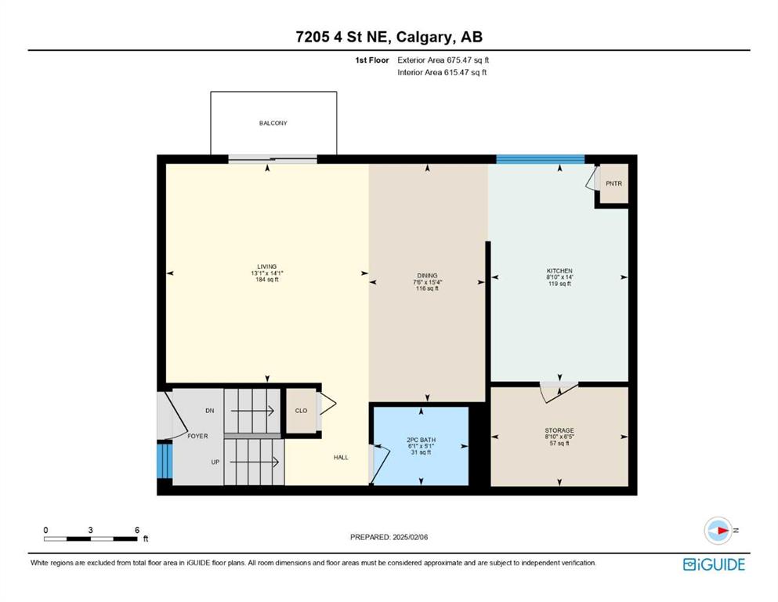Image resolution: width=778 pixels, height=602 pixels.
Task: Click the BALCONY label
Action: [x=273, y=123]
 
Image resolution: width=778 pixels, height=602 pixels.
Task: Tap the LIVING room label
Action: [x=267, y=267]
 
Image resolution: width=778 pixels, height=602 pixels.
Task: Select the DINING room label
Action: [x=427, y=275]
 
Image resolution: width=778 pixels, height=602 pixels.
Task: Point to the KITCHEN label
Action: [x=559, y=271]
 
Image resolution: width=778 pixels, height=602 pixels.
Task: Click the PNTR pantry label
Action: [x=613, y=183]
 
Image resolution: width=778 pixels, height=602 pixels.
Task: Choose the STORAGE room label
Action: [x=559, y=431]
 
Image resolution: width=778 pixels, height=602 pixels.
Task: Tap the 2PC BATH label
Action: [x=422, y=441]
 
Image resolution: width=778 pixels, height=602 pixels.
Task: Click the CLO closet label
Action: [x=301, y=411]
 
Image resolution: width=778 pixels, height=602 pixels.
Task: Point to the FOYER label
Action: [x=197, y=437]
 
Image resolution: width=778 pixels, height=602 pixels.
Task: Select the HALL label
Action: [x=341, y=458]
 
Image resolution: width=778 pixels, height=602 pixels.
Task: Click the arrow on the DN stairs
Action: [x=252, y=411]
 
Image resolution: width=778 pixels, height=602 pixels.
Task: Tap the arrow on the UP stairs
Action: [x=254, y=462]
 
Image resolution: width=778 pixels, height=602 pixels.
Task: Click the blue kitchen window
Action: [x=541, y=159]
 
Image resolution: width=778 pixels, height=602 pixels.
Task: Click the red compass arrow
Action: [x=722, y=531]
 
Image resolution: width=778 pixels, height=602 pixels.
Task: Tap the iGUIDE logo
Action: [x=714, y=564]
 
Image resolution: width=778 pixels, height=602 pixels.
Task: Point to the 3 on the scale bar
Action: [x=90, y=530]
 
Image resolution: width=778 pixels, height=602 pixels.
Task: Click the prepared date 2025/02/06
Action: [x=411, y=537]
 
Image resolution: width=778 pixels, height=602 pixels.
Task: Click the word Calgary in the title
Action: [x=424, y=37]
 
